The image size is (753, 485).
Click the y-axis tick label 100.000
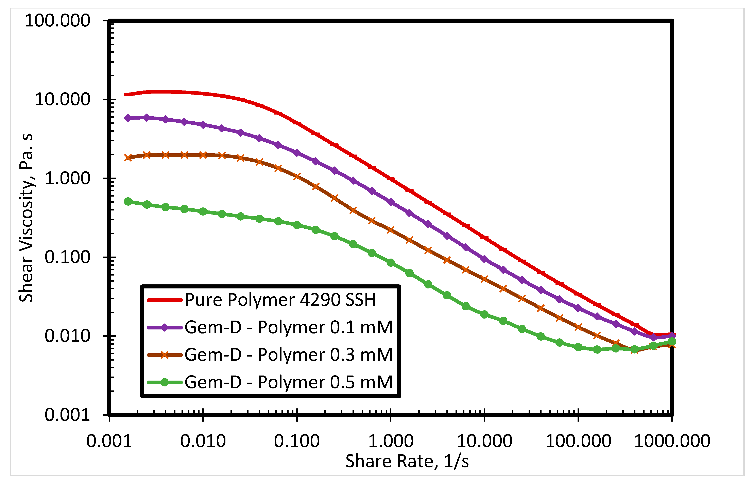pyautogui.click(x=57, y=21)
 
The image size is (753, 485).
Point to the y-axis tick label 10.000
pyautogui.click(x=63, y=100)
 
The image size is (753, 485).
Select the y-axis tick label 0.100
pyautogui.click(x=67, y=257)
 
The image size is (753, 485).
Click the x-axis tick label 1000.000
pyautogui.click(x=672, y=441)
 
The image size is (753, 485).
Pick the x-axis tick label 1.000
pyautogui.click(x=391, y=441)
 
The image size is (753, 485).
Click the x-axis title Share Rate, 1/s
pyautogui.click(x=407, y=461)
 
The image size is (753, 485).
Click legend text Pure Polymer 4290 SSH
pyautogui.click(x=280, y=300)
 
